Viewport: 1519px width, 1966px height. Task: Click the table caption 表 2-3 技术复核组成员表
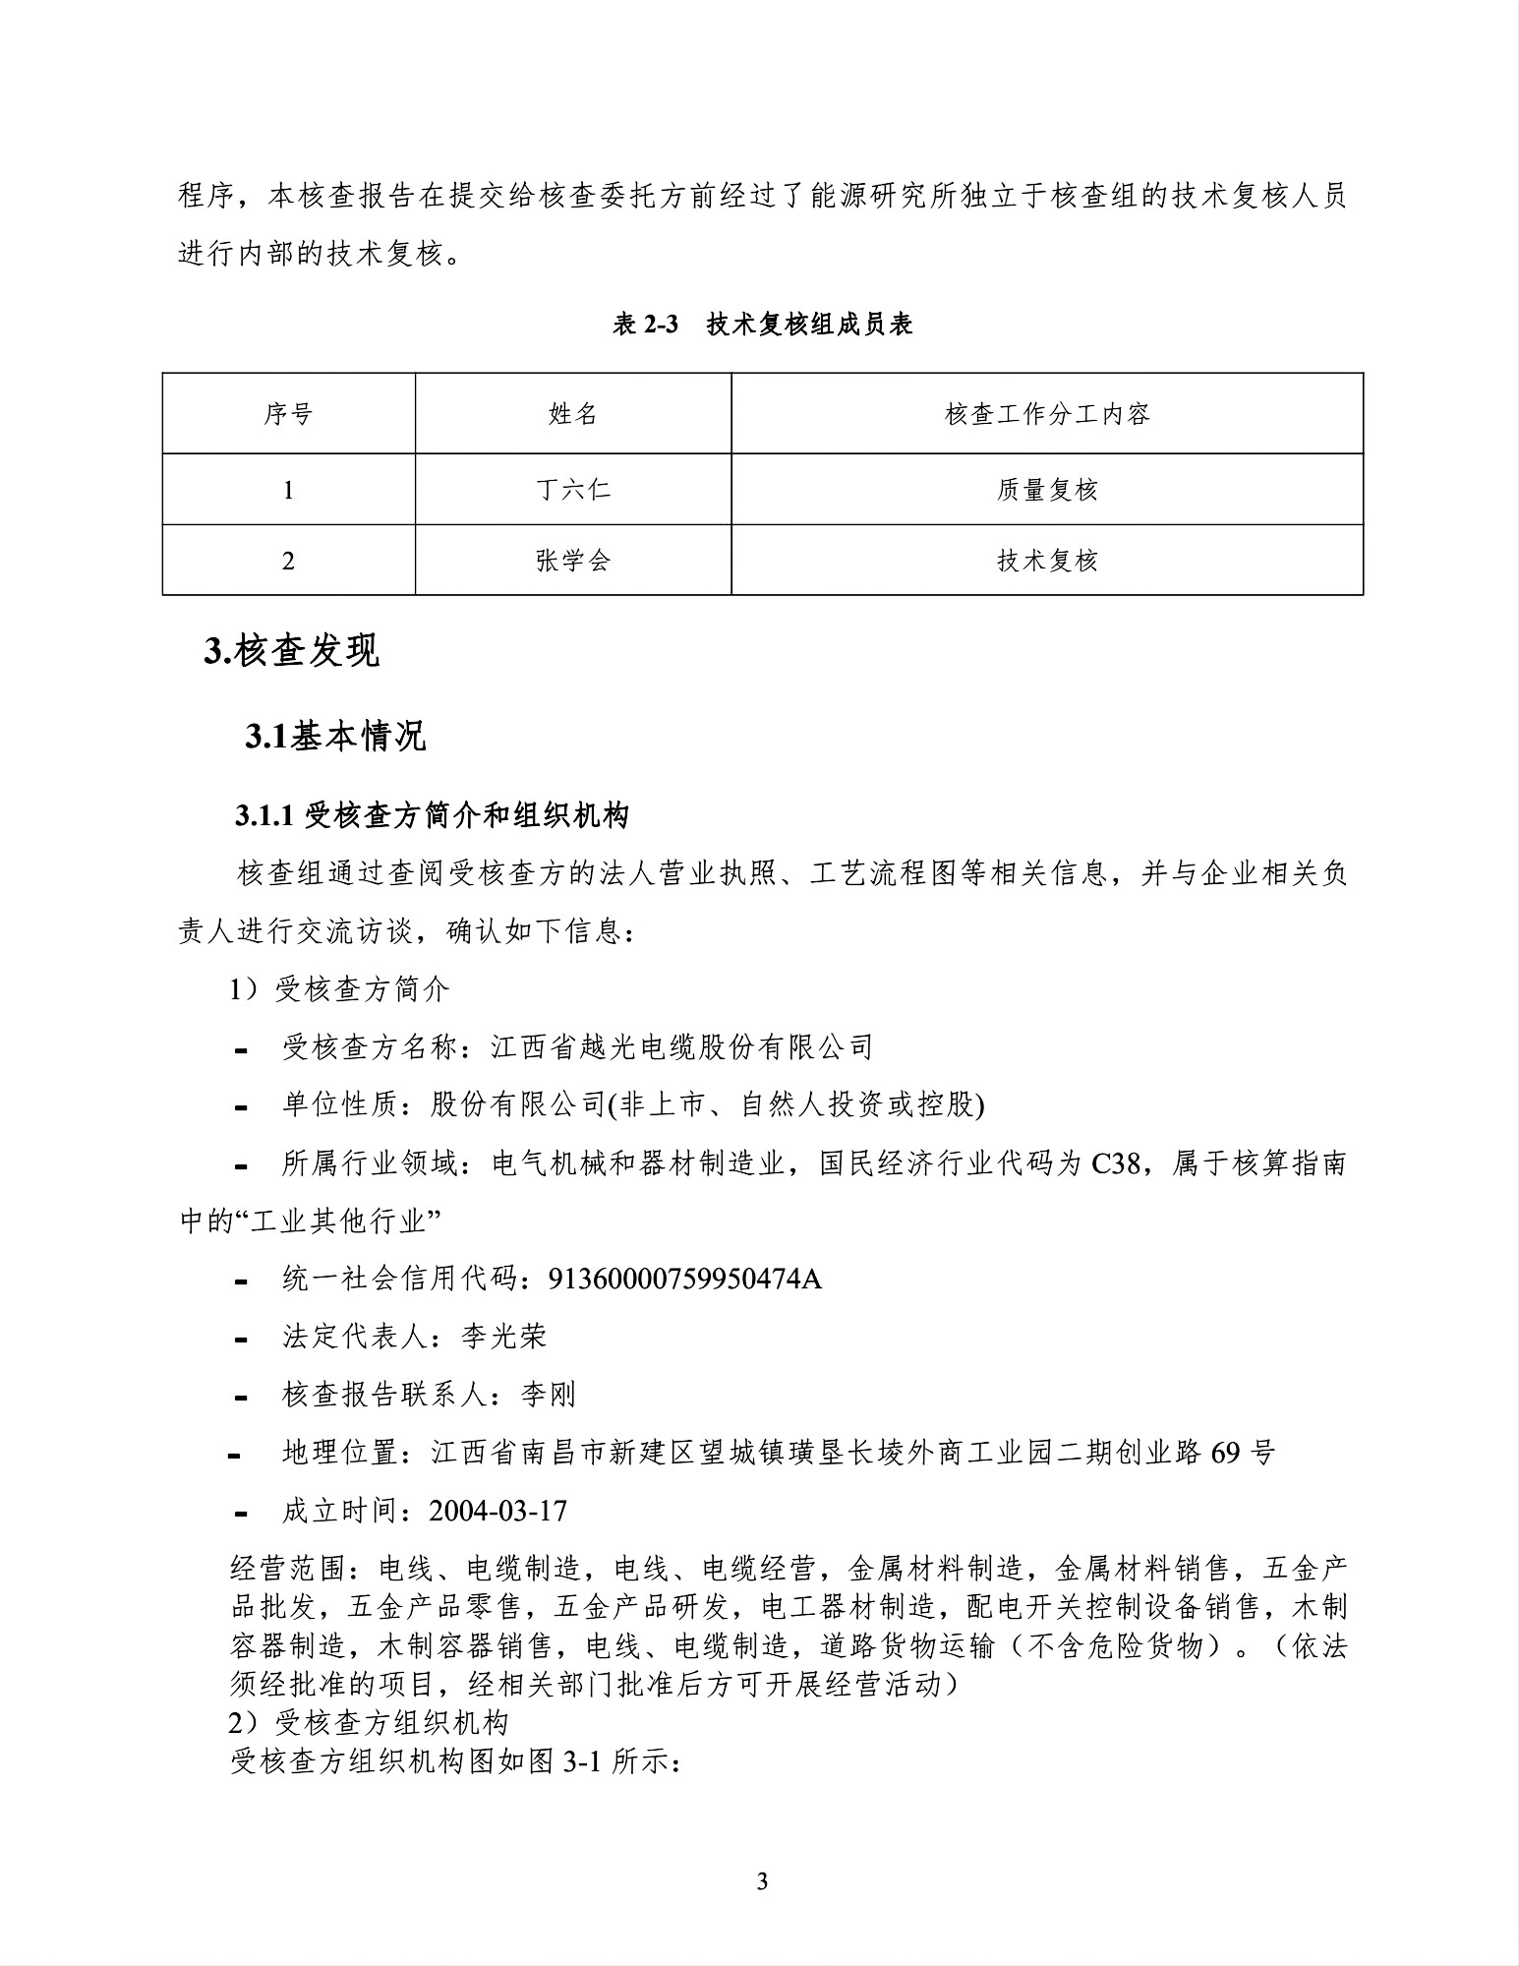point(762,325)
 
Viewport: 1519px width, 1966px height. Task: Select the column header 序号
point(288,414)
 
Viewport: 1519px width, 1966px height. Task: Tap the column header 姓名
point(573,414)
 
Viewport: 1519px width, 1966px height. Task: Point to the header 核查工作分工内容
point(1047,414)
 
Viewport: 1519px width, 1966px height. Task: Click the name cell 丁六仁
point(573,489)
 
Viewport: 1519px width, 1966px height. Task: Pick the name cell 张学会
point(573,561)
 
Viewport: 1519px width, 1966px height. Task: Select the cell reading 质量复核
point(1047,489)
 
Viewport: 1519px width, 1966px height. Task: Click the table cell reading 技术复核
point(1047,561)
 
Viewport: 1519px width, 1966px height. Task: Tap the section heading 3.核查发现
point(291,651)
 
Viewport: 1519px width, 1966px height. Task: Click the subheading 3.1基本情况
point(335,736)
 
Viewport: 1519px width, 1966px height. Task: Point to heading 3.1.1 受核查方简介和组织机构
point(432,815)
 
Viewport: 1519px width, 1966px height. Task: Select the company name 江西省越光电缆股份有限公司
point(682,1047)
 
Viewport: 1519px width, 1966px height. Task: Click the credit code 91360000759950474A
point(684,1279)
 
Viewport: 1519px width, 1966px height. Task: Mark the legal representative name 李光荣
point(503,1337)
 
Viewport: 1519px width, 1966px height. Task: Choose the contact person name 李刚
point(548,1395)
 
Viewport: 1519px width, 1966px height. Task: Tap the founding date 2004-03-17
point(499,1511)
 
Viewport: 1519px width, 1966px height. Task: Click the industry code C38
point(1116,1163)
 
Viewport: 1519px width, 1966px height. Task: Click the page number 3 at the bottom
point(762,1881)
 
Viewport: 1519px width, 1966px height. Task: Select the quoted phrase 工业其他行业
point(344,1221)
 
